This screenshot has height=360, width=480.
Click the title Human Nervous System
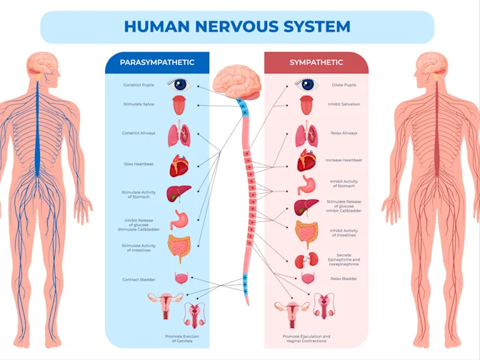[x=237, y=27]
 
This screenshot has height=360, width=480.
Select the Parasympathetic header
[x=156, y=63]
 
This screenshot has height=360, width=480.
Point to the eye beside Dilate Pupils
[x=307, y=85]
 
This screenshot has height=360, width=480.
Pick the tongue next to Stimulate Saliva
[x=179, y=106]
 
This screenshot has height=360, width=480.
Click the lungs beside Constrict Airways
[x=178, y=134]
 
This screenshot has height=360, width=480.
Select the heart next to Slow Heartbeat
[x=179, y=166]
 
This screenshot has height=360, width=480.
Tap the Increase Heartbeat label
[x=344, y=160]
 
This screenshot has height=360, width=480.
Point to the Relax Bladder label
[x=344, y=279]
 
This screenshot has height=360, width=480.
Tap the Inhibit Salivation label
[x=345, y=104]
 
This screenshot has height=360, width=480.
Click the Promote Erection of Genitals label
[x=182, y=339]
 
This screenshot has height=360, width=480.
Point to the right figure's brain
[x=433, y=65]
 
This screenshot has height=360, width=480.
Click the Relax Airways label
[x=344, y=133]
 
